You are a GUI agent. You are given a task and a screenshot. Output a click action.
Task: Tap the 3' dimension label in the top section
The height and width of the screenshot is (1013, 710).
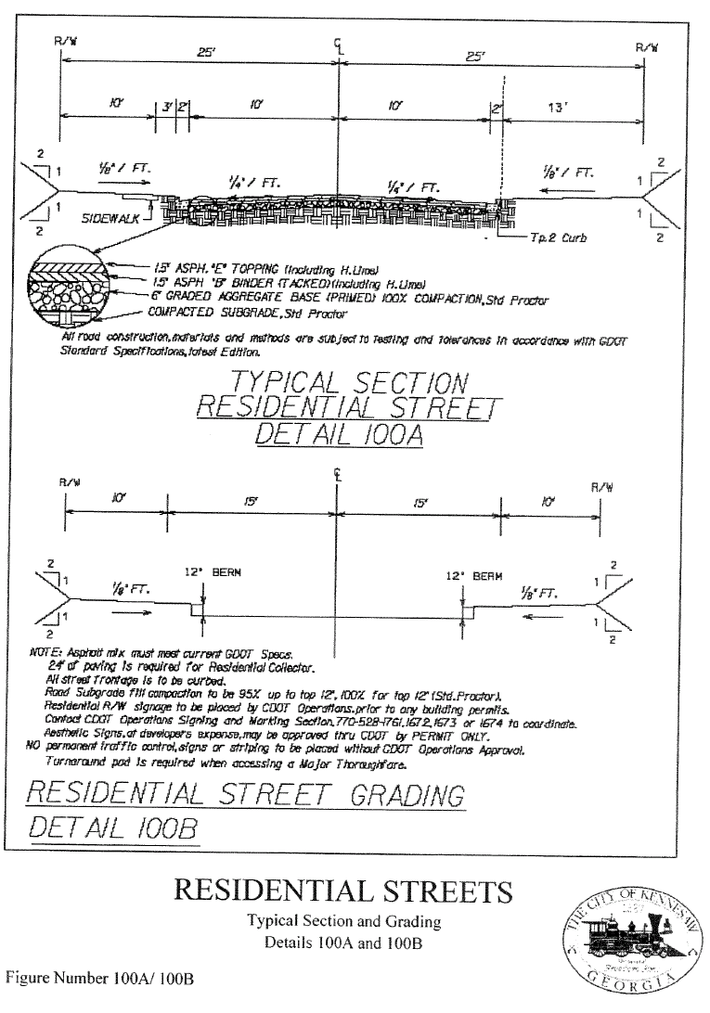click(166, 108)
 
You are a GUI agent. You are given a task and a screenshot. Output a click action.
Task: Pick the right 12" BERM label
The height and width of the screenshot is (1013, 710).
click(473, 575)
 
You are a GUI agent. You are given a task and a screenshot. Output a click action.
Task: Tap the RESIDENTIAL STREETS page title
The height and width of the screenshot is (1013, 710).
click(342, 891)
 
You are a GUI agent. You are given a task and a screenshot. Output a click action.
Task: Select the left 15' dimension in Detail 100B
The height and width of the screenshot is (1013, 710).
click(251, 501)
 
